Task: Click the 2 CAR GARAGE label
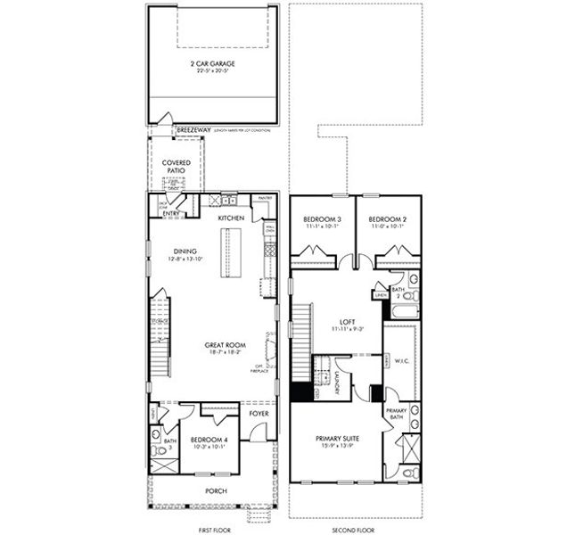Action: (213, 63)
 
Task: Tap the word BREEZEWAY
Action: (193, 130)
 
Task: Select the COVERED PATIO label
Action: (177, 166)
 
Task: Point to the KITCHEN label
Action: (232, 218)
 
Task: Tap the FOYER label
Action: (259, 413)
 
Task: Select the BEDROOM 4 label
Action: (209, 439)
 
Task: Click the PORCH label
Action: (215, 490)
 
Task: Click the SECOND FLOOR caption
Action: (352, 529)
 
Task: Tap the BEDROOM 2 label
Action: (388, 218)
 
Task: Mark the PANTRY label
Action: (265, 198)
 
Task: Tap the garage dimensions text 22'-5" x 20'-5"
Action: (213, 70)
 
